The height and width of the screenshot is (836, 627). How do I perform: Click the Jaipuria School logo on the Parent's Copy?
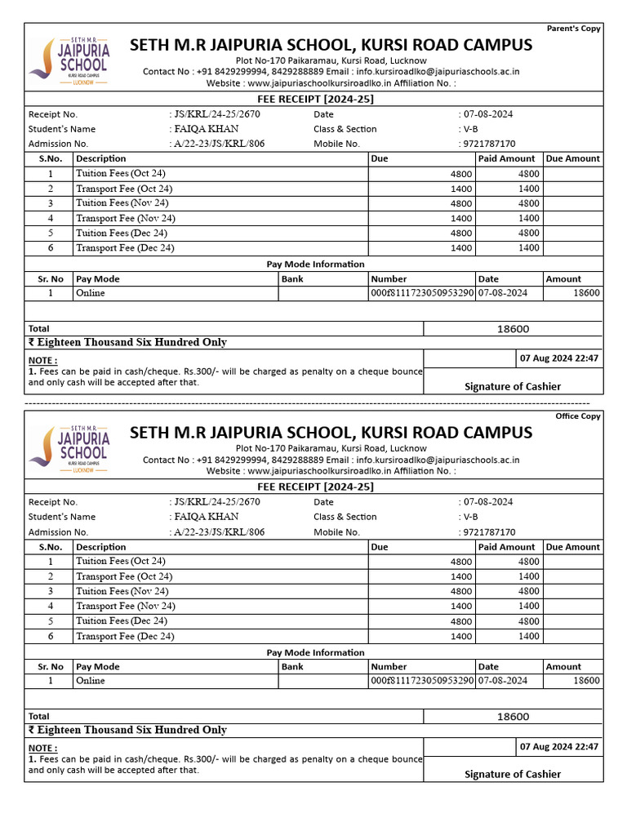tap(69, 62)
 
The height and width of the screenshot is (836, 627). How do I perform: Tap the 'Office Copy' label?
tap(578, 416)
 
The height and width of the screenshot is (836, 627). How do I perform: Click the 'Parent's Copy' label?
tap(573, 29)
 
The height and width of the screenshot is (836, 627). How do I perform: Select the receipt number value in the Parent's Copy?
tap(216, 114)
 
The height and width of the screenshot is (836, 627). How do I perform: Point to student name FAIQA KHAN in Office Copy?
tap(206, 517)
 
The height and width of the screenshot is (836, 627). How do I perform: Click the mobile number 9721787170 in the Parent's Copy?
tap(490, 145)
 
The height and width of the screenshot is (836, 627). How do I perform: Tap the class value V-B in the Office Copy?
tap(471, 517)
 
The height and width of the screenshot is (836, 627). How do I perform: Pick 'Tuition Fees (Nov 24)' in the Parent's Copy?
tap(122, 203)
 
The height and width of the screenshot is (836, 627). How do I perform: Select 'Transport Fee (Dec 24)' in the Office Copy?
tap(125, 636)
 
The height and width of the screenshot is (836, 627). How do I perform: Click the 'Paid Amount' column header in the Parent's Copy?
tap(506, 159)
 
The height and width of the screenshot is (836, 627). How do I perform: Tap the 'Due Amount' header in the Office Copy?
tap(572, 547)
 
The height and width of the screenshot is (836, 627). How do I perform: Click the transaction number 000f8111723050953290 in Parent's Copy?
tap(421, 293)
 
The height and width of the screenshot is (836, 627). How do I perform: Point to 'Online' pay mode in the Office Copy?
tap(91, 681)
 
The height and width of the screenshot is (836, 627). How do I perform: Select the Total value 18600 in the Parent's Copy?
tap(513, 329)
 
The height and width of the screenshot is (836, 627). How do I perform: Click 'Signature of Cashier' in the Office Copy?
tap(513, 774)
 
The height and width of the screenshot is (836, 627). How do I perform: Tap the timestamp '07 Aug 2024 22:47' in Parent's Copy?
tap(559, 358)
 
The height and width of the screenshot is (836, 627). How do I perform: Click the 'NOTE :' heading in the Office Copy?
tap(43, 748)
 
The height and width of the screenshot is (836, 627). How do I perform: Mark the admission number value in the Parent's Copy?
tap(219, 145)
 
